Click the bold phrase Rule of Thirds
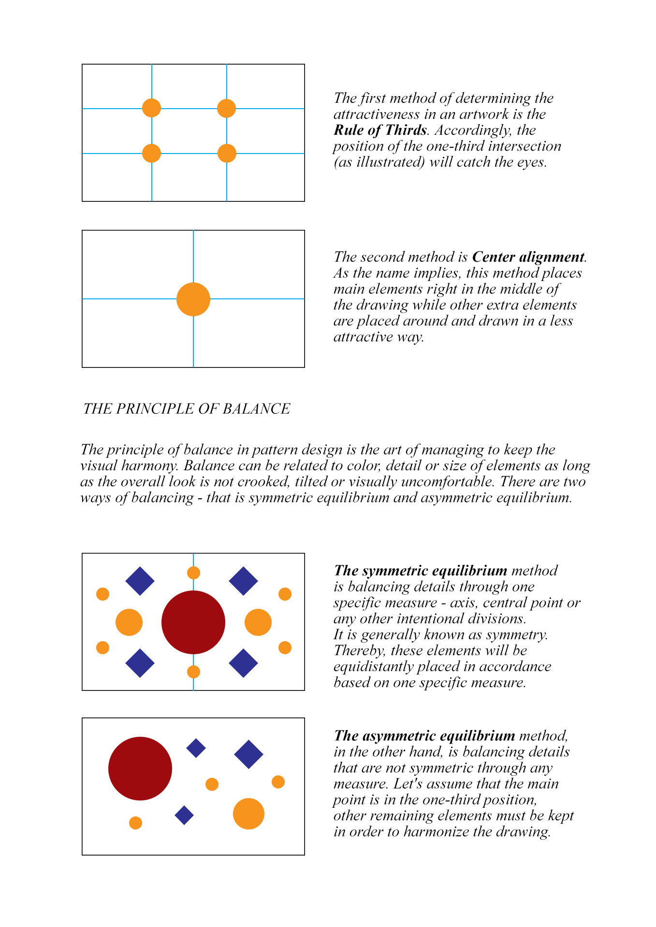380,130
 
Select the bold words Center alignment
528,257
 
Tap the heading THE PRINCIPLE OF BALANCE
187,409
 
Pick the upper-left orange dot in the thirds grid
151,108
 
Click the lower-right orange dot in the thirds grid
227,154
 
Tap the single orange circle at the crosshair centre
193,299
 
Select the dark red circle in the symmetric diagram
193,622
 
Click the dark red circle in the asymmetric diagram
140,768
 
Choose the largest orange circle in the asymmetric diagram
248,814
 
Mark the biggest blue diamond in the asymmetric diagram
248,754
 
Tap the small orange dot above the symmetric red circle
193,573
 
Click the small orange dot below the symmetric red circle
193,672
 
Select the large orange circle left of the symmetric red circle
129,622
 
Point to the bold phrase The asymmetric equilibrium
424,736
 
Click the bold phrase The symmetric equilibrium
420,571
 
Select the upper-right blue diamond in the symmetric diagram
243,581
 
